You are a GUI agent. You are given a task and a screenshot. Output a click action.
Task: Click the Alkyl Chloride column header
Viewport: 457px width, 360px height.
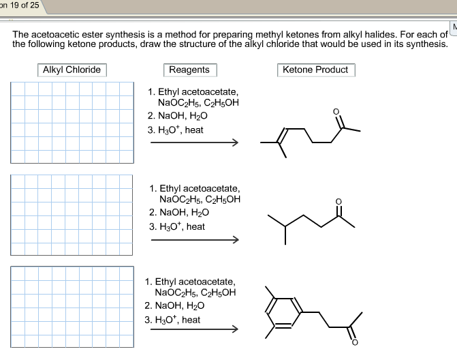(72, 70)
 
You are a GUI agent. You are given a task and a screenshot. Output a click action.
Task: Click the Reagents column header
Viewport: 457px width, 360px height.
(189, 70)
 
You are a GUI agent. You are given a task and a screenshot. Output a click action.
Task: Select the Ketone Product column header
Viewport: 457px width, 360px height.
(315, 70)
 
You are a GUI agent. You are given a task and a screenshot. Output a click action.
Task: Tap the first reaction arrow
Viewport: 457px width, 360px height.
(194, 143)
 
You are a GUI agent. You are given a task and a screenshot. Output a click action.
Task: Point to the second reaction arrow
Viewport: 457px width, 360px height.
(194, 240)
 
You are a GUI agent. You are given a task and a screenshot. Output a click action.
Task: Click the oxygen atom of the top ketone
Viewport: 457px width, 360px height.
(335, 111)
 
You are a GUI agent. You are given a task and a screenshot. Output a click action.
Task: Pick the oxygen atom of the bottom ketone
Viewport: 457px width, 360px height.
(354, 342)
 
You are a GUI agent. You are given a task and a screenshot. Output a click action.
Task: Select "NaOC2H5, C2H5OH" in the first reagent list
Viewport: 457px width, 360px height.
(198, 103)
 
